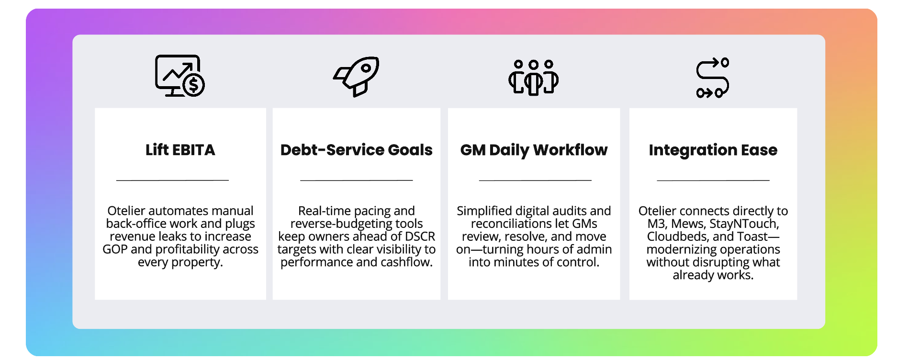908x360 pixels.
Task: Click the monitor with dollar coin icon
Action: (179, 76)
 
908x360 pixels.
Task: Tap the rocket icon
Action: (357, 77)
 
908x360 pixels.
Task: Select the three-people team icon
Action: (533, 78)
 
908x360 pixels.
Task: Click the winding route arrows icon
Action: (713, 78)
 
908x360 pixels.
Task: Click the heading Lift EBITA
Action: (180, 150)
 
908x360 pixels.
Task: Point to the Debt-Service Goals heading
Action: (357, 150)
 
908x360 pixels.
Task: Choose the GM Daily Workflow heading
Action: (534, 150)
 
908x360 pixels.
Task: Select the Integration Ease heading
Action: (713, 150)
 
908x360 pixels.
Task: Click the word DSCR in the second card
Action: (420, 236)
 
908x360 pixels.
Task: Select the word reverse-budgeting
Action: (357, 224)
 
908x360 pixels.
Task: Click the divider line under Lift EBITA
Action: (172, 180)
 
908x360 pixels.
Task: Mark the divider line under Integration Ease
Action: (713, 180)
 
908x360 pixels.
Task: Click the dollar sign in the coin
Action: (194, 85)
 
